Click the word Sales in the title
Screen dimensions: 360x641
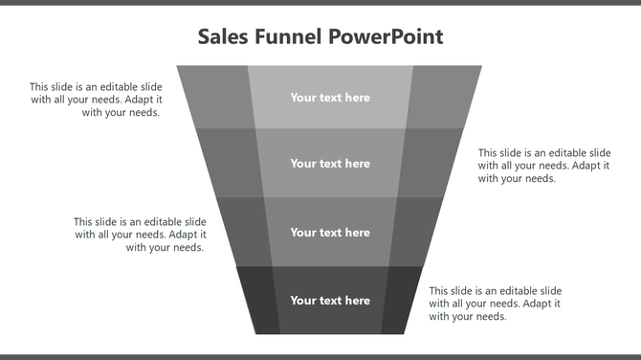221,37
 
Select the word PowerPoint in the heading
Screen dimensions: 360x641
386,37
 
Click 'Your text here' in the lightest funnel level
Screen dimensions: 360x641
330,98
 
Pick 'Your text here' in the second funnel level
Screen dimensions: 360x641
330,164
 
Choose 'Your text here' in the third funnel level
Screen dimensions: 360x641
330,233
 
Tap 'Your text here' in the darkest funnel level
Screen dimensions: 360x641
330,301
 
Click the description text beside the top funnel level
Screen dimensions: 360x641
96,100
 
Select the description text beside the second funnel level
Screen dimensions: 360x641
544,165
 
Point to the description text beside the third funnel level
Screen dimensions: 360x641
140,235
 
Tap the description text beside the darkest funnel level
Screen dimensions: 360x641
495,304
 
